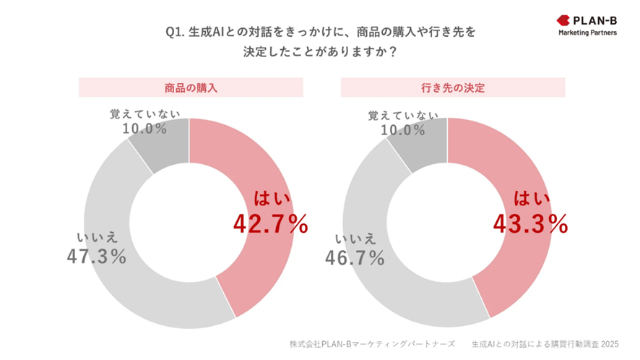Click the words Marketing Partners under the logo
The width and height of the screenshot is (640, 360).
click(x=587, y=33)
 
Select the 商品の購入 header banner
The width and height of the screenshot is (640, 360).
click(x=191, y=87)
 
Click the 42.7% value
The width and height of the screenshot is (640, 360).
click(x=270, y=225)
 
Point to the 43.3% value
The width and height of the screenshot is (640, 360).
click(x=529, y=225)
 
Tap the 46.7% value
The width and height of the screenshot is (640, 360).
click(x=355, y=257)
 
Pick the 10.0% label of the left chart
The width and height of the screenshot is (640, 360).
click(x=144, y=129)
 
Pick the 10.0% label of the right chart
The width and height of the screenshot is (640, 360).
click(x=403, y=129)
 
